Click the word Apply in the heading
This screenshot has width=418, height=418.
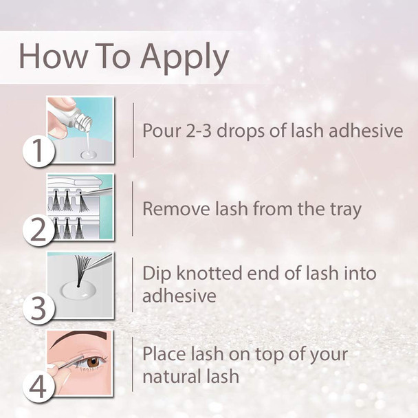pos(184,58)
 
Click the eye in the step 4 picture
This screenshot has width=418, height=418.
pos(93,361)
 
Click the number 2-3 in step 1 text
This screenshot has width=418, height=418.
pos(203,131)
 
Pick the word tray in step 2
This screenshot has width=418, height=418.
pos(343,209)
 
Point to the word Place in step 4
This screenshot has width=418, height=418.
pos(163,355)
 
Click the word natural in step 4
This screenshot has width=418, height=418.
pos(170,376)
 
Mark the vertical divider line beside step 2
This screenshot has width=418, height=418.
pos(133,207)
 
